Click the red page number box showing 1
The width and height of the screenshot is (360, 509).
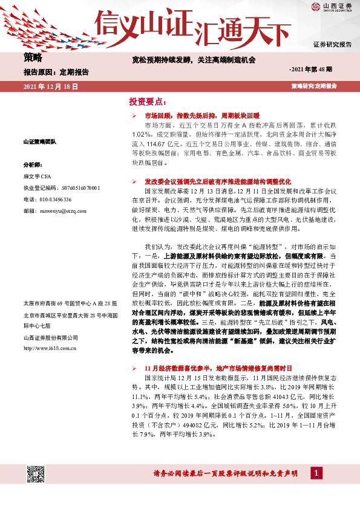point(316,472)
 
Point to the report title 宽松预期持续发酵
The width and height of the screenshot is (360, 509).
point(194,60)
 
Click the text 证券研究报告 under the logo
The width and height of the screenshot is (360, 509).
point(332,45)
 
